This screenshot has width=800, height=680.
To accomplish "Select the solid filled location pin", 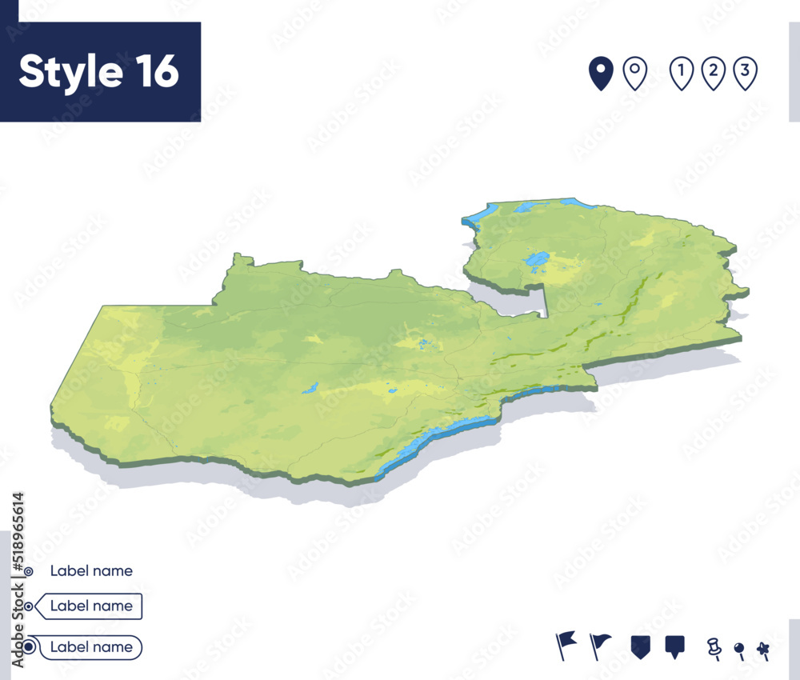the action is pyautogui.click(x=601, y=74).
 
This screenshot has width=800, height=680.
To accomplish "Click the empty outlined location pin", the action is pyautogui.click(x=635, y=74).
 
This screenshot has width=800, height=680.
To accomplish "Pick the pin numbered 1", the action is pyautogui.click(x=681, y=74).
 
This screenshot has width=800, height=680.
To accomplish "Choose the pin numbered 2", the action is pyautogui.click(x=713, y=74).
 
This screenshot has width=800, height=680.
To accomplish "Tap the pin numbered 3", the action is pyautogui.click(x=745, y=74).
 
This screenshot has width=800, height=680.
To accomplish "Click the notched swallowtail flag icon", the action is pyautogui.click(x=566, y=645).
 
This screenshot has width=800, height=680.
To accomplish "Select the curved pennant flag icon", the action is pyautogui.click(x=600, y=645).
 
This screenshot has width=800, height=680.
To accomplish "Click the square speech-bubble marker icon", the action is pyautogui.click(x=675, y=646).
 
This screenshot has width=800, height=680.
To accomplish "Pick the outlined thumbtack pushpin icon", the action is pyautogui.click(x=713, y=646).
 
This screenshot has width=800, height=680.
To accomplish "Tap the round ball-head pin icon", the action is pyautogui.click(x=739, y=650).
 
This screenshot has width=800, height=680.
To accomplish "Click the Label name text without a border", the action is pyautogui.click(x=91, y=571).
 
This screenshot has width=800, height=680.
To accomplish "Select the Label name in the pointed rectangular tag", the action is pyautogui.click(x=91, y=606).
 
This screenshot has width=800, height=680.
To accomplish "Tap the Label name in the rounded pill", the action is pyautogui.click(x=91, y=647).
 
